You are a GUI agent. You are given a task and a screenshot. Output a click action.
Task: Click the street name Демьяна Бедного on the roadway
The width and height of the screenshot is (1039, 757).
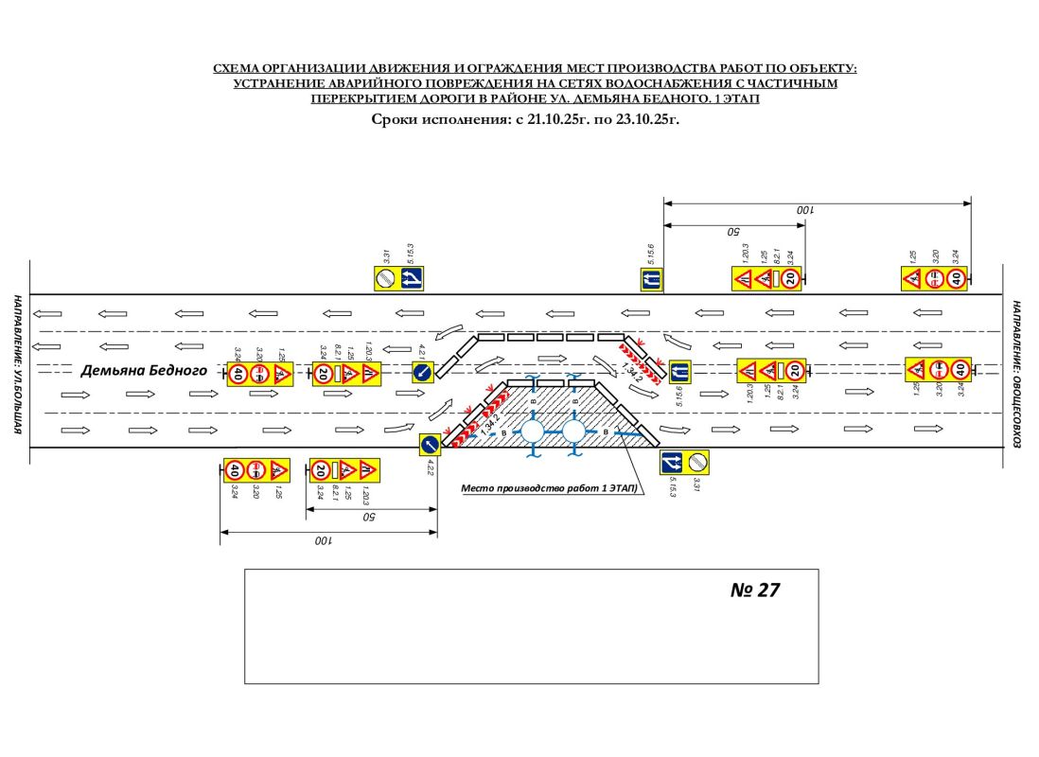coord(144,371)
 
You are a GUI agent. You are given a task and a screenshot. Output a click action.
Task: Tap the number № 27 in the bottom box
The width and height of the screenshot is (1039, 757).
coord(755,590)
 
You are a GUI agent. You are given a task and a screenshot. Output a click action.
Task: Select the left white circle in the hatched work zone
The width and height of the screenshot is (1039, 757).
coord(532,432)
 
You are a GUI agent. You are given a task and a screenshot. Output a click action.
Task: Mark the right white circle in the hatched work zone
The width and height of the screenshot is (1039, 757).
coord(573,432)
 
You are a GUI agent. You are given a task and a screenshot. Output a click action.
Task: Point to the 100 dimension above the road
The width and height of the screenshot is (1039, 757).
coord(804,209)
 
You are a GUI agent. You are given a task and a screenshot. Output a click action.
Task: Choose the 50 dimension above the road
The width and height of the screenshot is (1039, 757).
coord(731,231)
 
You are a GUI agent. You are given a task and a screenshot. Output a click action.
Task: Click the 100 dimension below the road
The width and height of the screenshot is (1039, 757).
coord(325,540)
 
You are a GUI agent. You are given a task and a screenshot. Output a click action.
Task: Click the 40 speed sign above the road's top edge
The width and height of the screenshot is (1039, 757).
coord(957,278)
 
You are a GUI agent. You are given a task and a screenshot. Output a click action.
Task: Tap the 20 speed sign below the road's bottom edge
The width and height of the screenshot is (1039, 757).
coord(322,469)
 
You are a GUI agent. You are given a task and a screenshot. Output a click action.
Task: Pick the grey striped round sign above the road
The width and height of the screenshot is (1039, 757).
coord(385,278)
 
